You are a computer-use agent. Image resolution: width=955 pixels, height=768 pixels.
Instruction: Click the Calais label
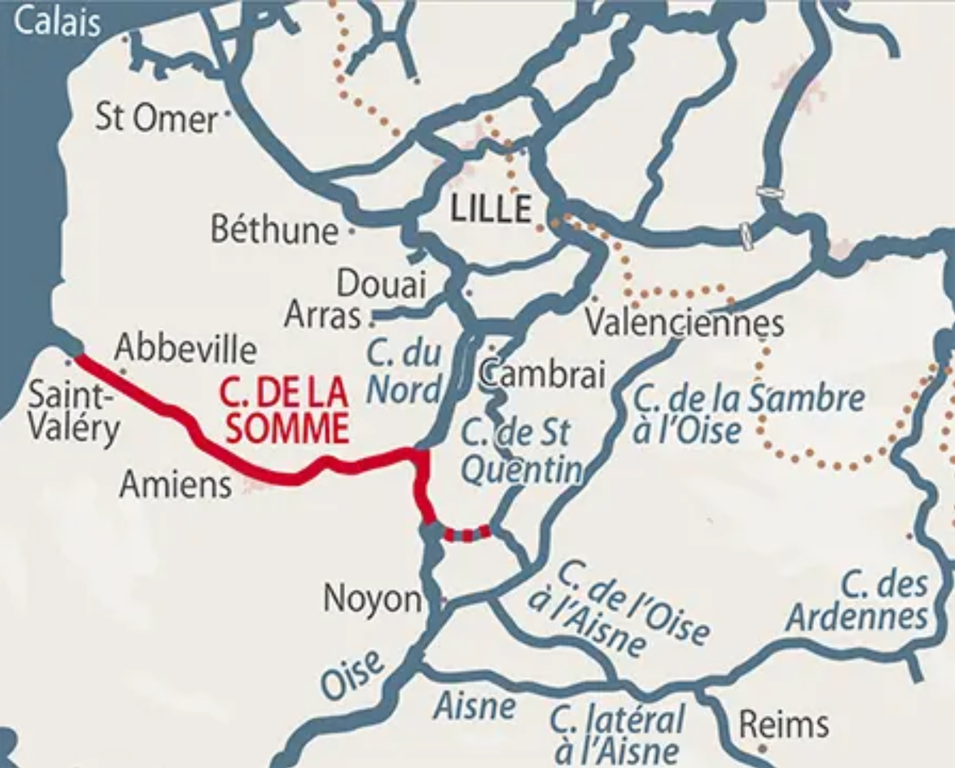(56, 22)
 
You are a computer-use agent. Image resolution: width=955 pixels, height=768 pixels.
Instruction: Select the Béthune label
(274, 231)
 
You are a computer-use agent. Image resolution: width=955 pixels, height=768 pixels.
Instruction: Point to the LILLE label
(491, 209)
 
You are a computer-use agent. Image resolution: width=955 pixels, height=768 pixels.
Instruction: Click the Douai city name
(382, 284)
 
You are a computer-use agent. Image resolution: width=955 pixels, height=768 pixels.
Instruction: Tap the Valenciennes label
(684, 323)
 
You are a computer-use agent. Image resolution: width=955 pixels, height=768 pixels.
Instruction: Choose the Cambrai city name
(543, 374)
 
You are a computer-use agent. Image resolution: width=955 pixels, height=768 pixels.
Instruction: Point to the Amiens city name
(176, 485)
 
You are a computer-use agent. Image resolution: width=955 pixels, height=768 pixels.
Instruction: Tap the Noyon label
(372, 599)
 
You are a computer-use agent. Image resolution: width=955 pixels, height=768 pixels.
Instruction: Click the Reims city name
(783, 724)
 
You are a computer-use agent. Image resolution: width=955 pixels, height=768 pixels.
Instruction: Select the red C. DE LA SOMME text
(284, 411)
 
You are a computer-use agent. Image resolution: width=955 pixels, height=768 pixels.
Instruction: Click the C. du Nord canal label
(405, 371)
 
